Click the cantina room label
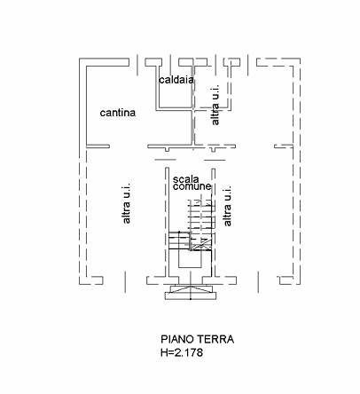pos(118,113)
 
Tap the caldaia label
pos(176,80)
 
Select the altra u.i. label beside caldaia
pos(215,105)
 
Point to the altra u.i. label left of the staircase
pos(126,203)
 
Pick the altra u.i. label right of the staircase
pos(227,206)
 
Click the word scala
pos(186,179)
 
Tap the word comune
pos(192,186)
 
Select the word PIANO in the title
pos(176,339)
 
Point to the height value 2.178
pos(188,352)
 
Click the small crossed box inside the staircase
pos(201,244)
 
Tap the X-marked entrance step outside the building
pos(191,288)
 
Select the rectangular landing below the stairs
pos(191,259)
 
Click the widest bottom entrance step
pos(191,295)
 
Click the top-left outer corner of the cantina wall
pos(79,59)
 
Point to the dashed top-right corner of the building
pos(300,59)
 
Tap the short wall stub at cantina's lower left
pos(98,146)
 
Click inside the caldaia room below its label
pos(175,96)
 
